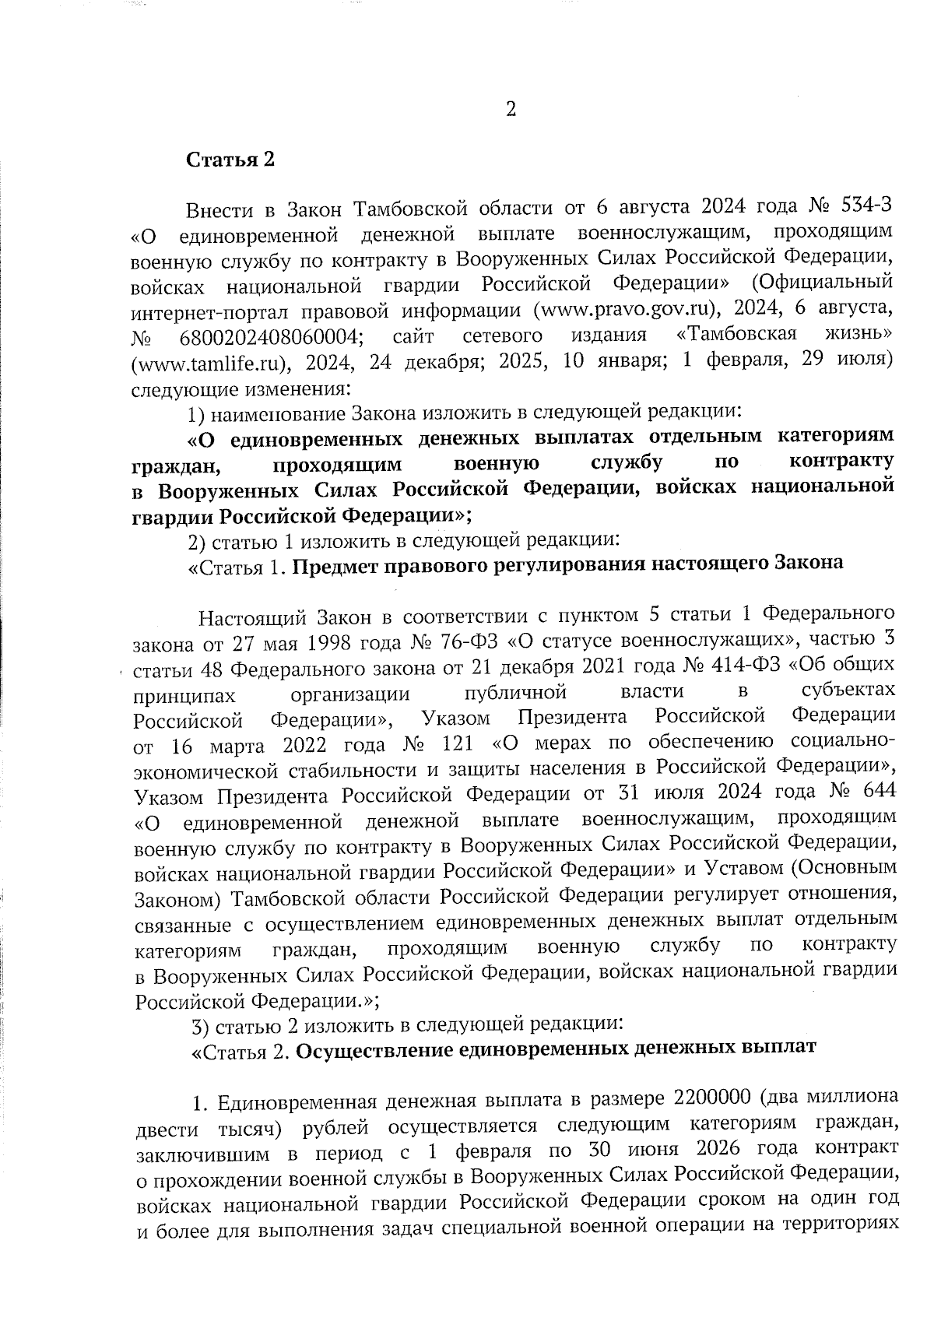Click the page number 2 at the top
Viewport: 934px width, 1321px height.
pos(511,110)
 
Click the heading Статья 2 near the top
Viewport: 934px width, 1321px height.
pos(230,160)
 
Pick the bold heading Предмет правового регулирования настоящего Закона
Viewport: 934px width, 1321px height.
pos(568,563)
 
